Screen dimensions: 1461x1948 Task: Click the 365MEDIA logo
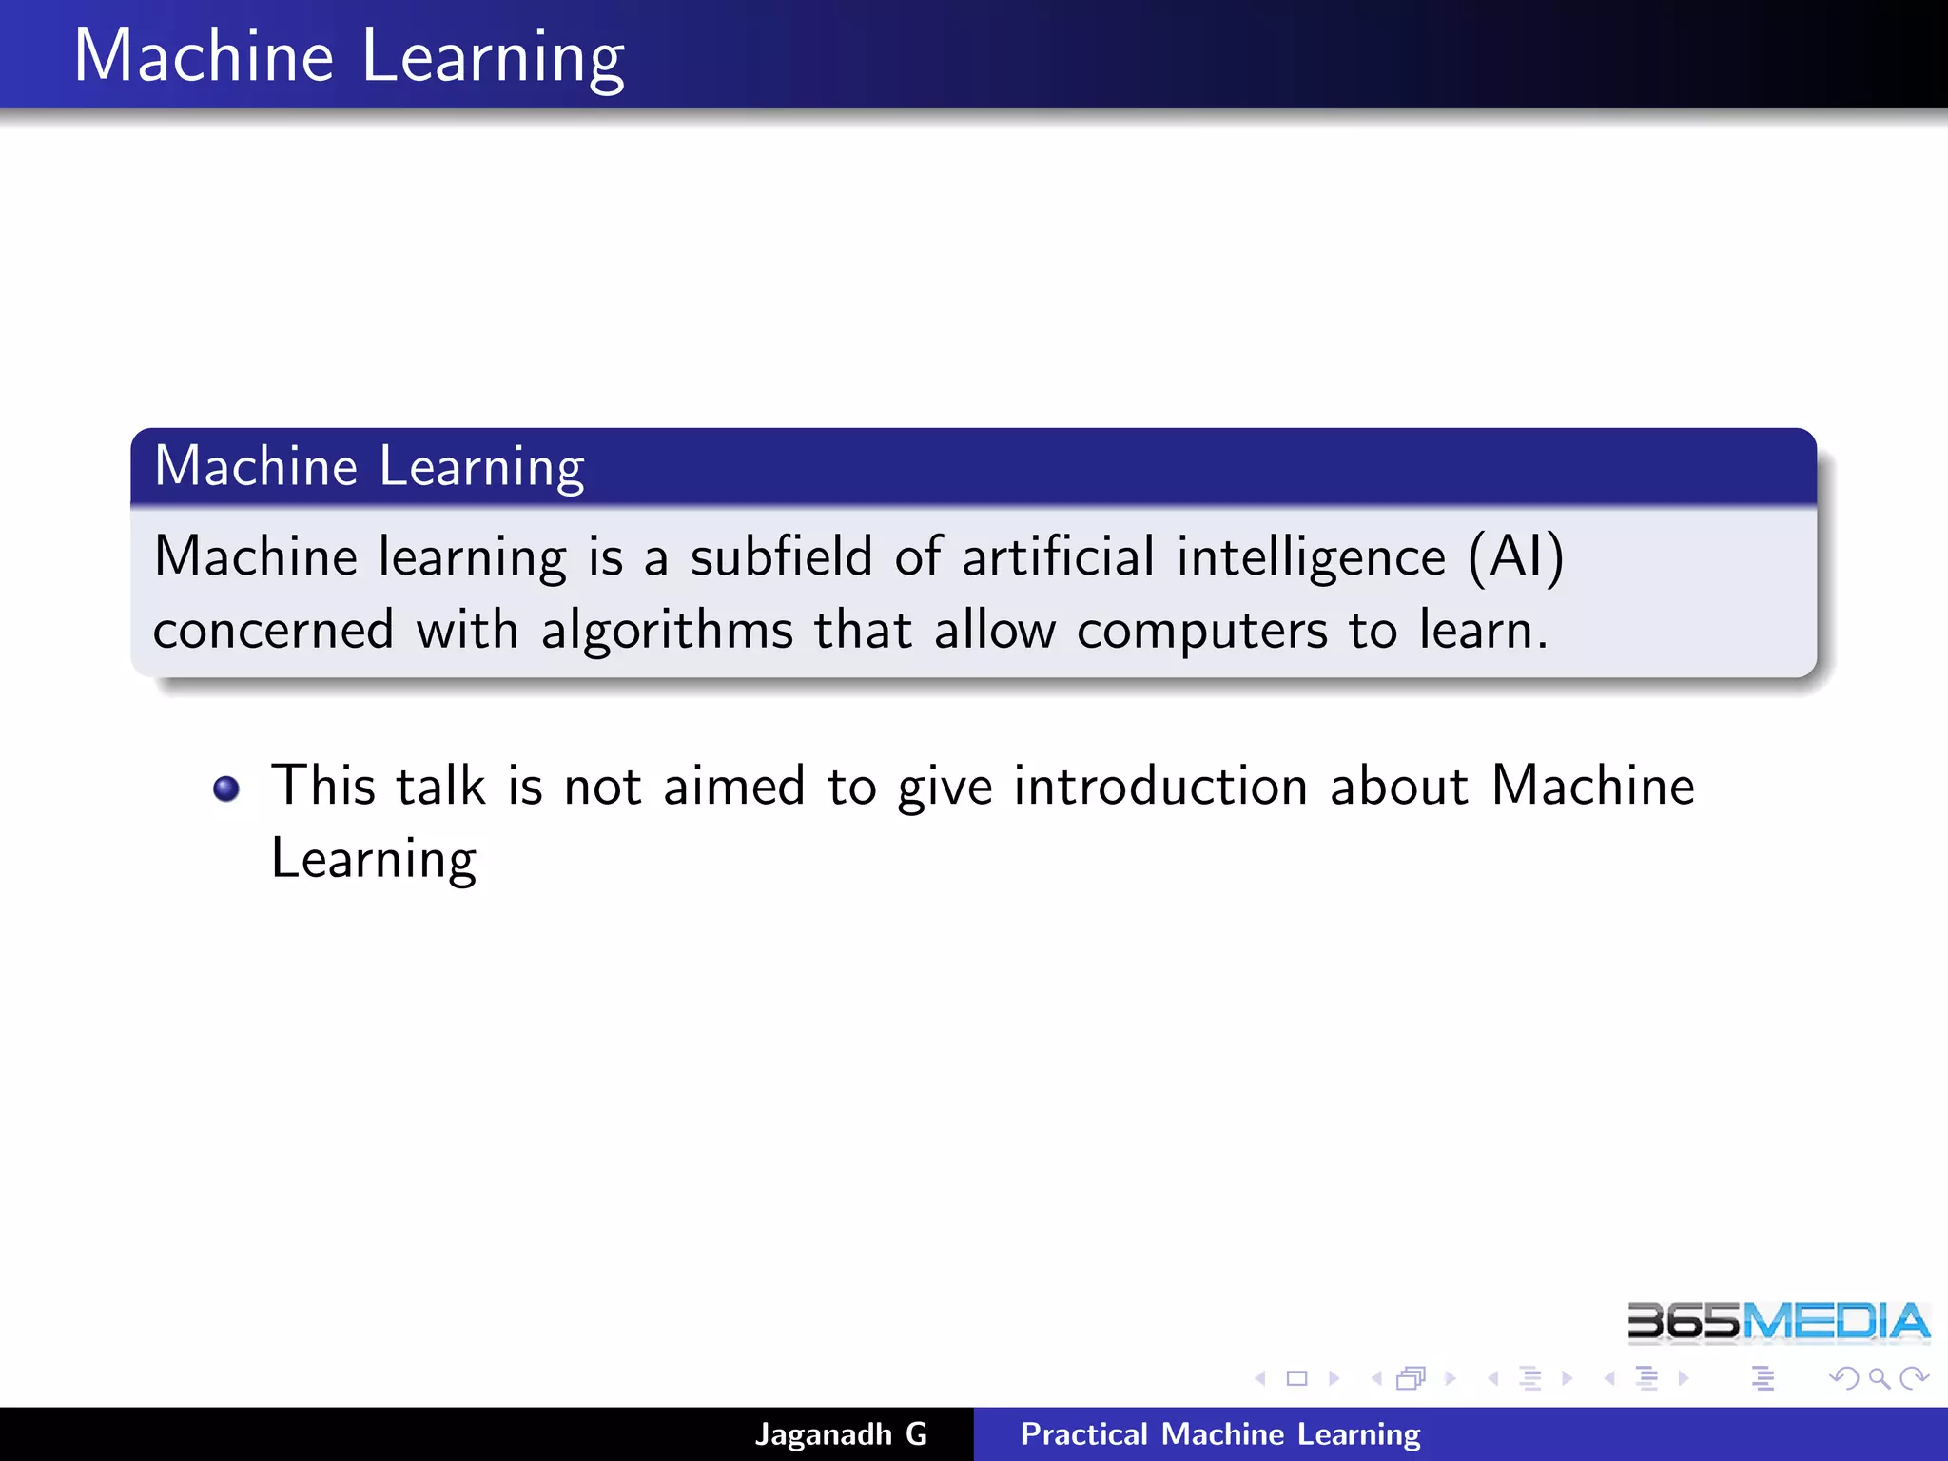pyautogui.click(x=1778, y=1322)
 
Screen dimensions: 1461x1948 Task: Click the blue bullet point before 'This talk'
pyautogui.click(x=226, y=789)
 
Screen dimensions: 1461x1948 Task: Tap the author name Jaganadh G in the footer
pyautogui.click(x=841, y=1433)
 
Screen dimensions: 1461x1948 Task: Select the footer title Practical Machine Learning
pyautogui.click(x=1220, y=1433)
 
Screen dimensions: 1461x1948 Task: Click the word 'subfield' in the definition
pyautogui.click(x=781, y=556)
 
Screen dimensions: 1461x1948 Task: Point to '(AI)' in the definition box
pyautogui.click(x=1516, y=556)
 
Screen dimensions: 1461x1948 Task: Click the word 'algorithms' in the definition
pyautogui.click(x=667, y=631)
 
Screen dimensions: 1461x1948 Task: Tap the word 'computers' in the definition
pyautogui.click(x=1202, y=631)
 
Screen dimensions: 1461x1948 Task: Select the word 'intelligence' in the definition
pyautogui.click(x=1311, y=558)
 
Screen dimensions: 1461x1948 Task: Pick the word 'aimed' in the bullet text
pyautogui.click(x=733, y=787)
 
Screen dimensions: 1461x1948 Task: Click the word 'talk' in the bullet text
pyautogui.click(x=440, y=787)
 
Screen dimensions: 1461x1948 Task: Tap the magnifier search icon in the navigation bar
pyautogui.click(x=1879, y=1378)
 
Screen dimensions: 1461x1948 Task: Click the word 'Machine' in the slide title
pyautogui.click(x=204, y=56)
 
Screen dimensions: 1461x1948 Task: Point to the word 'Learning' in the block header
pyautogui.click(x=481, y=468)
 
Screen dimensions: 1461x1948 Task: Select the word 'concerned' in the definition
pyautogui.click(x=274, y=631)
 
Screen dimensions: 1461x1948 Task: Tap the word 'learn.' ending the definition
pyautogui.click(x=1483, y=631)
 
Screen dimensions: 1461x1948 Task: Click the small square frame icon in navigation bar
pyautogui.click(x=1296, y=1378)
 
